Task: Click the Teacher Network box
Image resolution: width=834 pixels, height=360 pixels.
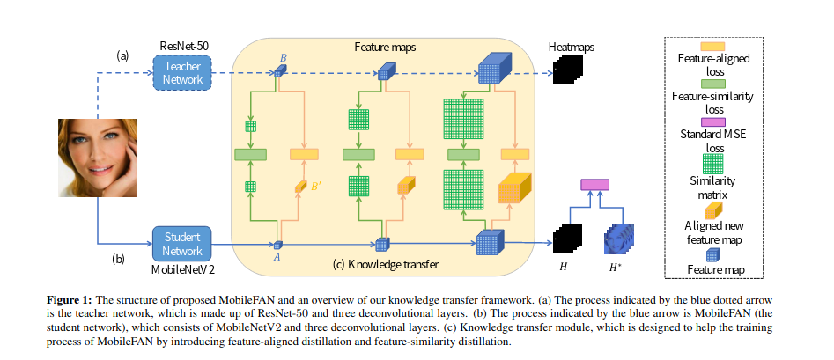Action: point(183,72)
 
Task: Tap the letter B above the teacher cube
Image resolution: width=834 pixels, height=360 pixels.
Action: point(283,57)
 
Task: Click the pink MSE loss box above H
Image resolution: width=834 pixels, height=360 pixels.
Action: point(594,184)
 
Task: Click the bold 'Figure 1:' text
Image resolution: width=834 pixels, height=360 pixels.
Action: point(70,301)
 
